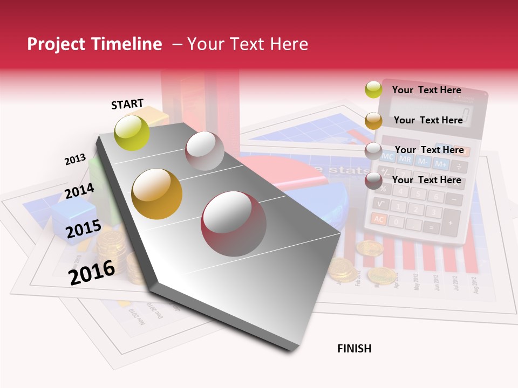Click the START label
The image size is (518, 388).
pyautogui.click(x=127, y=104)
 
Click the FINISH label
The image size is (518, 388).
pyautogui.click(x=354, y=349)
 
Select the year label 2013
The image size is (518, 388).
pyautogui.click(x=75, y=160)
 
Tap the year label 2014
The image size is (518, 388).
pyautogui.click(x=80, y=191)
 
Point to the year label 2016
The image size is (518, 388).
pyautogui.click(x=92, y=272)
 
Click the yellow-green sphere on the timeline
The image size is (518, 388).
pyautogui.click(x=132, y=133)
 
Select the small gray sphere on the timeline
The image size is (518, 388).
pyautogui.click(x=205, y=151)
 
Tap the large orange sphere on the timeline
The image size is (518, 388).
pyautogui.click(x=157, y=194)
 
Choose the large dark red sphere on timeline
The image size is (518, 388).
pyautogui.click(x=234, y=224)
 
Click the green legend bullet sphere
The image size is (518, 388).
pyautogui.click(x=373, y=89)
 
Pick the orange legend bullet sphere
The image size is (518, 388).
pyautogui.click(x=373, y=120)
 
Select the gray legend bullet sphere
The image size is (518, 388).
pyautogui.click(x=373, y=150)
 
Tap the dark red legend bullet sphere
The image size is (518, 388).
pyautogui.click(x=373, y=181)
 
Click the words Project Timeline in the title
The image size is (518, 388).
pyautogui.click(x=94, y=44)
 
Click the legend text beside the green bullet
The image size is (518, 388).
pyautogui.click(x=426, y=90)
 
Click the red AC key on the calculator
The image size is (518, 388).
pyautogui.click(x=379, y=219)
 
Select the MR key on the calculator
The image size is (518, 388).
pyautogui.click(x=405, y=159)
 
